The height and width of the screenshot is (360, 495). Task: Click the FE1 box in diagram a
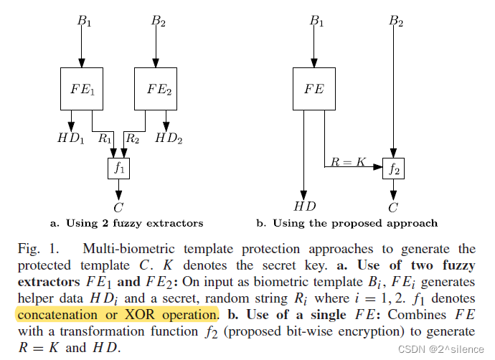point(81,90)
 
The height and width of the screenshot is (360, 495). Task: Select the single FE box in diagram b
point(314,90)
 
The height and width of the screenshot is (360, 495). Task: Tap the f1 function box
point(118,169)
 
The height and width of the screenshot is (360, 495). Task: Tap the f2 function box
point(393,169)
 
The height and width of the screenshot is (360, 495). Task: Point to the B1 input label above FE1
point(84,21)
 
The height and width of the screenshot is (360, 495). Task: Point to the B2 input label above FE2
point(159,21)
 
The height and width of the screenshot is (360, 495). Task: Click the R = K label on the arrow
point(348,163)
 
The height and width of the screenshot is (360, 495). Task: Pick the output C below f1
point(118,208)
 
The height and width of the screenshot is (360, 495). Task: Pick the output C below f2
point(393,208)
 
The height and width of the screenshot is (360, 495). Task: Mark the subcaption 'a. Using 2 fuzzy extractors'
point(126,223)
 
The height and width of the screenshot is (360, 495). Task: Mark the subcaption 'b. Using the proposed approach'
point(346,223)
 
